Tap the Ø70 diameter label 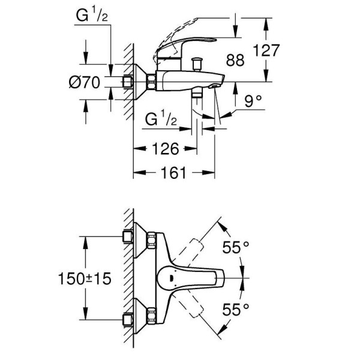pos(83,83)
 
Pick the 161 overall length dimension pos(173,173)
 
